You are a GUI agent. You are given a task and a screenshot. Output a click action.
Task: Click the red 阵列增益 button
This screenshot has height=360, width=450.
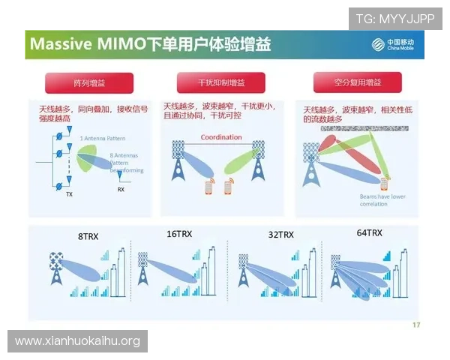88,82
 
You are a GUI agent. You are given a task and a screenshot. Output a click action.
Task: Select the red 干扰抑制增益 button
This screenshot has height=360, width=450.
221,82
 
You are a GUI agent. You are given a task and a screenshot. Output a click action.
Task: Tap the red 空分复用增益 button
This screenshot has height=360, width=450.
357,82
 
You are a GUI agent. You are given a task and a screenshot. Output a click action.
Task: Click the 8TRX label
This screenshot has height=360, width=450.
88,237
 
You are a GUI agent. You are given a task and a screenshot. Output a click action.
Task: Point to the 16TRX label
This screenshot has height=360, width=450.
179,235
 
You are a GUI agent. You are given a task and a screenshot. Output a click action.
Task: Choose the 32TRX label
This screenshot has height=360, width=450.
281,235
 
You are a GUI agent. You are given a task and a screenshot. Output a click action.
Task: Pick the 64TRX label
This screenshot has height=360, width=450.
369,233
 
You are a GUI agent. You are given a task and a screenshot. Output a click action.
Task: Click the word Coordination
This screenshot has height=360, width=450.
221,137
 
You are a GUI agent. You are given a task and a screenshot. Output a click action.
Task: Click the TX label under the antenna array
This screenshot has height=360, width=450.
69,194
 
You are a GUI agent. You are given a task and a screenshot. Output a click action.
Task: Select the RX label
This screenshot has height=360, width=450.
121,190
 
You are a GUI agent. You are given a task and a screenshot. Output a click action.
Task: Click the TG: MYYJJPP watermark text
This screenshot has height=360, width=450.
395,18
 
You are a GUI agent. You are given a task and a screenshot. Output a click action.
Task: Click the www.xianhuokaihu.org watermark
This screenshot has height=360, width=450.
77,341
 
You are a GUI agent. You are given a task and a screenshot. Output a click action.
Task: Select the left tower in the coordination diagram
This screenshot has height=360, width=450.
179,157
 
